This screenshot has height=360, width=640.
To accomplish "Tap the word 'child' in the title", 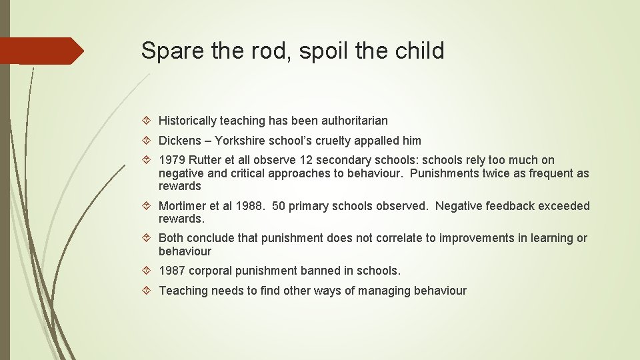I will (421, 51).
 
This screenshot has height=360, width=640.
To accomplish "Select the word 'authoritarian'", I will (354, 121).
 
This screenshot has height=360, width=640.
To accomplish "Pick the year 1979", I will (172, 160).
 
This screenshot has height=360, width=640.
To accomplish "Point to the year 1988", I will (249, 206).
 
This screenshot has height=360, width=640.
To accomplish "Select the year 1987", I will (172, 271).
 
